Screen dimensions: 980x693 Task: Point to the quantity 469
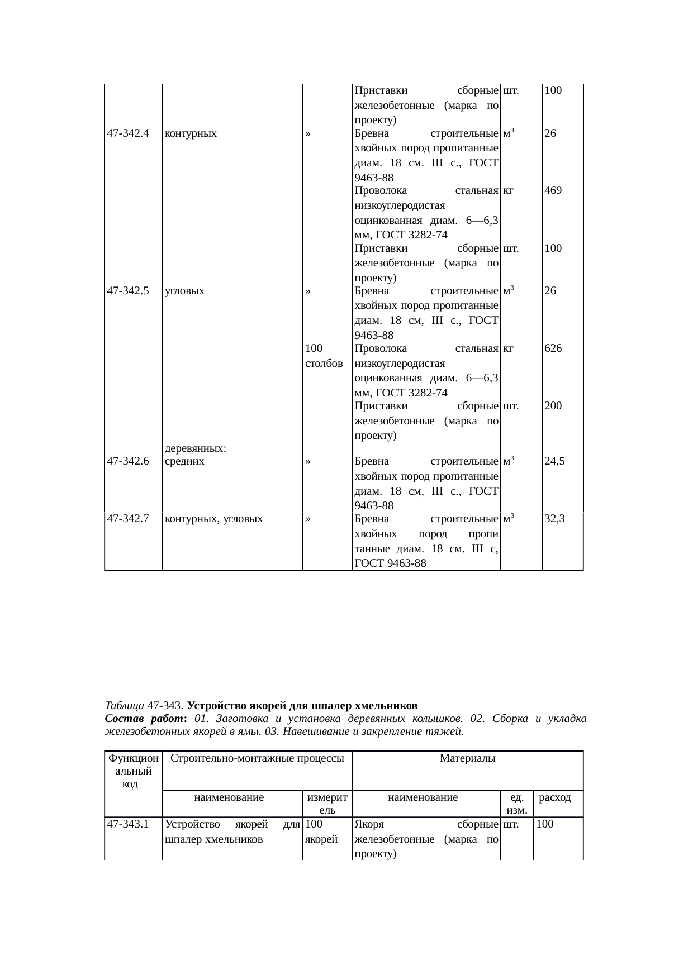(553, 190)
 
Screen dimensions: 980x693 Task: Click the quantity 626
(553, 348)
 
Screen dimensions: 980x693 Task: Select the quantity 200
(553, 406)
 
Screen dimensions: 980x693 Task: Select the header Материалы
(468, 758)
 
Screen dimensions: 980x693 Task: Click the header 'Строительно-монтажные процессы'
(257, 758)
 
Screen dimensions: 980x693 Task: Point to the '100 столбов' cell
(324, 356)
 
